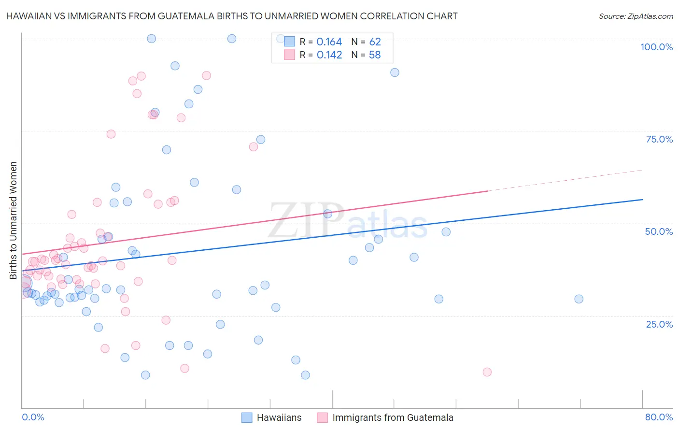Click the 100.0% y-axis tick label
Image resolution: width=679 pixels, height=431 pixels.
coord(656,47)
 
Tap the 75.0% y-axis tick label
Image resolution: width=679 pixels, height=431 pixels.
coord(659,139)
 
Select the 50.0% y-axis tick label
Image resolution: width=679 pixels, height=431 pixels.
coord(659,231)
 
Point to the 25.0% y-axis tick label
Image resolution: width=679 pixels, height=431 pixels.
coord(659,324)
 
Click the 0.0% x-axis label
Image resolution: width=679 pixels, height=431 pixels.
coord(33,417)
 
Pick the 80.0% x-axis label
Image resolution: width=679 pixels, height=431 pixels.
coord(659,417)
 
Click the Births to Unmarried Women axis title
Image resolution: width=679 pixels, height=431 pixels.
coord(14,220)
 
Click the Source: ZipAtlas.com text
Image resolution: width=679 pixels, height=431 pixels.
coord(636,16)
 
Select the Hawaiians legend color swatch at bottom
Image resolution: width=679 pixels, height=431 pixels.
coord(247,417)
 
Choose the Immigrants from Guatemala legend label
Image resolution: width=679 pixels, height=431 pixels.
coord(393,417)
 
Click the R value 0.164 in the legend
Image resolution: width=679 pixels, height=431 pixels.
coord(329,42)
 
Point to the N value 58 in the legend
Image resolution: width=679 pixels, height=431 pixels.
coord(375,55)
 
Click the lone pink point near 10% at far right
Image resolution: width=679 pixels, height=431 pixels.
coord(487,372)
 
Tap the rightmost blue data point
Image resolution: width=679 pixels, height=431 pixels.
coord(579,299)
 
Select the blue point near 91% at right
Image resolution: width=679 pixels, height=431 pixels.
coord(395,72)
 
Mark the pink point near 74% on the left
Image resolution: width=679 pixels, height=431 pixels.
coord(111,134)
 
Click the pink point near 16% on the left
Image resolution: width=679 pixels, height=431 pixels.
coord(105,348)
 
